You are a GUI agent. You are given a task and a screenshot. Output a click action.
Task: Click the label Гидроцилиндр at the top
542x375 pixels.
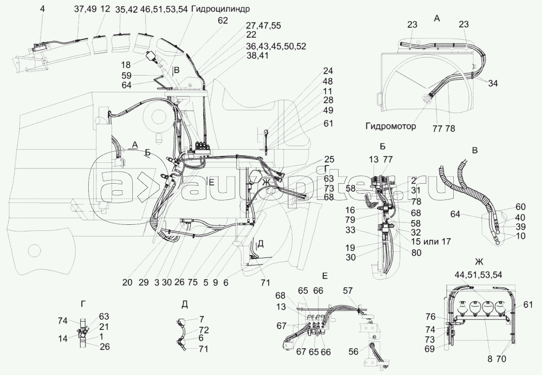click(221, 9)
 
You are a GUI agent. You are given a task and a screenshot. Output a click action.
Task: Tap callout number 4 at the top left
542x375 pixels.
click(43, 9)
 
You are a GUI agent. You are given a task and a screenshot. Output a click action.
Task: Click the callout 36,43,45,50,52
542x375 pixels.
click(276, 46)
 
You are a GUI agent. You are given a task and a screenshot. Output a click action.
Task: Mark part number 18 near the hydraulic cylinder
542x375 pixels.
click(126, 64)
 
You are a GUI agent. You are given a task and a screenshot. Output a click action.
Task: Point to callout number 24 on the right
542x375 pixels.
click(328, 71)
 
